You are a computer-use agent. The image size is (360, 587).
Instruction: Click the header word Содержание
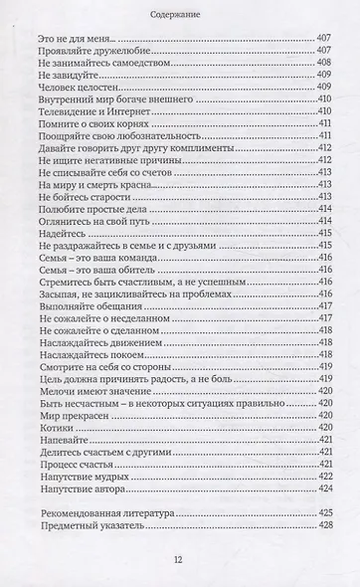pyautogui.click(x=180, y=15)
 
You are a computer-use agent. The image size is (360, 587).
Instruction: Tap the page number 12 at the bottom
pyautogui.click(x=179, y=558)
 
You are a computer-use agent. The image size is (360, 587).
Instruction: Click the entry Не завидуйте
pyautogui.click(x=65, y=78)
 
